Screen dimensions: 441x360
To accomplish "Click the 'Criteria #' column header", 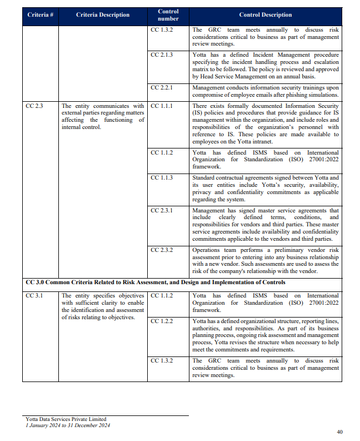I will click(40, 15).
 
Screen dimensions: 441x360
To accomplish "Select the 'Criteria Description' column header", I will click(103, 15).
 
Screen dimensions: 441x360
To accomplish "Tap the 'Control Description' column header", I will click(265, 15).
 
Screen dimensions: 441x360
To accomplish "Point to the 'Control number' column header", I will click(168, 15).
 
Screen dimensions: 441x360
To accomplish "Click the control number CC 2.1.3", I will click(162, 55).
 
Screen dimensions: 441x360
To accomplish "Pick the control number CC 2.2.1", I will click(162, 88).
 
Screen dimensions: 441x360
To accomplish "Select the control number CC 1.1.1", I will click(162, 106).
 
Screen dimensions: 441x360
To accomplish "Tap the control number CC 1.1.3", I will click(162, 177).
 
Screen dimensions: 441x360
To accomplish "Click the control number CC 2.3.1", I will click(162, 211).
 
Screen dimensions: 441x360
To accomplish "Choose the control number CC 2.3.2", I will click(162, 250).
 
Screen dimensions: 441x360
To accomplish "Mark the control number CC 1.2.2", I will click(162, 321).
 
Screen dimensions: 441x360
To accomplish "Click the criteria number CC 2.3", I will click(34, 106).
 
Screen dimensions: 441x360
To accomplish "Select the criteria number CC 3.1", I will click(34, 296).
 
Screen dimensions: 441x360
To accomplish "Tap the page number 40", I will click(340, 432).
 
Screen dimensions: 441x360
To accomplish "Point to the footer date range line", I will click(68, 425).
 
